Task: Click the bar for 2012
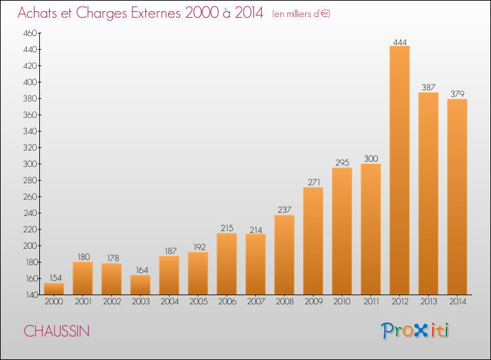(399, 170)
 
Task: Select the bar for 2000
(54, 289)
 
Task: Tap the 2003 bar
(140, 285)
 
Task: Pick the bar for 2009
(313, 241)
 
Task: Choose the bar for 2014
(457, 197)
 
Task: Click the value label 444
(400, 42)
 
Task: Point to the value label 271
(314, 182)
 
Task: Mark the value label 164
(142, 270)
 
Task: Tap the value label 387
(429, 87)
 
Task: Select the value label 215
(227, 228)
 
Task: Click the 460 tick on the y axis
(30, 33)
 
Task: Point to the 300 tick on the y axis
(30, 164)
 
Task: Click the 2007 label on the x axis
(256, 302)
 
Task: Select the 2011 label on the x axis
(371, 302)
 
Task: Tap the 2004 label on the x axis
(170, 302)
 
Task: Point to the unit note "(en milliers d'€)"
(301, 14)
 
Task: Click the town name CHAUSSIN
(57, 331)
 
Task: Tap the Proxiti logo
(415, 331)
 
